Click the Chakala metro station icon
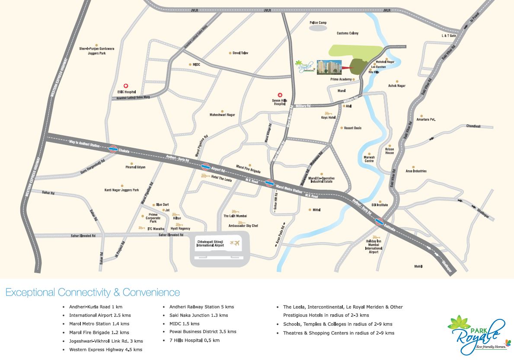[113, 149]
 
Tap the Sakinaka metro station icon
[379, 223]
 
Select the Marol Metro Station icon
[270, 183]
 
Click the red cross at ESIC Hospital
[126, 86]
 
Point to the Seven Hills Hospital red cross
[280, 95]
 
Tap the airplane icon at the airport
[236, 242]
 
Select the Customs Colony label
[348, 33]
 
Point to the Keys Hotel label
[328, 118]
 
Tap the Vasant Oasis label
[353, 128]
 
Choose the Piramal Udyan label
[135, 167]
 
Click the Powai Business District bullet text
[200, 331]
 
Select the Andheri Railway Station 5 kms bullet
[198, 307]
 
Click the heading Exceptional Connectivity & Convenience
[93, 293]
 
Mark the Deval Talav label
[240, 53]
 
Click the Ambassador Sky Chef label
[243, 226]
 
